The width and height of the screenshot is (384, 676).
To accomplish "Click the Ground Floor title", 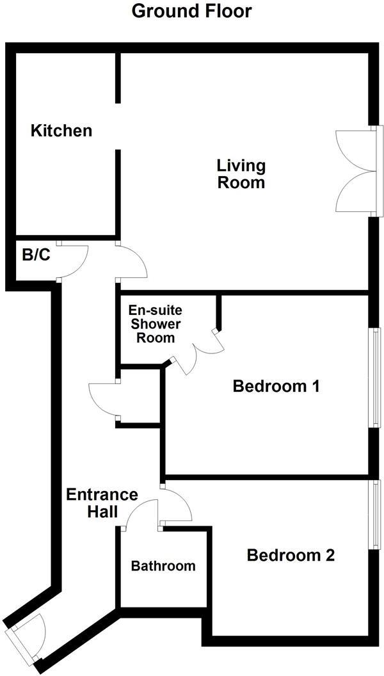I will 191,11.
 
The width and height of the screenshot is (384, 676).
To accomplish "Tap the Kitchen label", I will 62,131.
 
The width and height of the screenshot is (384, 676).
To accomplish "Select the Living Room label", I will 241,174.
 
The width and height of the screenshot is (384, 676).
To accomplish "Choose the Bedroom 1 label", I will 276,387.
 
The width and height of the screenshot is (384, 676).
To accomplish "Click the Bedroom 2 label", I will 291,555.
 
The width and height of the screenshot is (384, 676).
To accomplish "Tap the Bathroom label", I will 163,566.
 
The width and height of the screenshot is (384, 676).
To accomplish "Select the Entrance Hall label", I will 102,503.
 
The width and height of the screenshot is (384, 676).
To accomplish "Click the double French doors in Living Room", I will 355,170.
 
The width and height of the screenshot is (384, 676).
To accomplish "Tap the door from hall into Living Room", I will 131,262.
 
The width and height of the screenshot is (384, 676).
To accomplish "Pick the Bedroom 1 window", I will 376,378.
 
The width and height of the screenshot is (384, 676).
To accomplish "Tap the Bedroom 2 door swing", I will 176,506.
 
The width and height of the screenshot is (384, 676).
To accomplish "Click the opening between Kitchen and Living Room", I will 118,125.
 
